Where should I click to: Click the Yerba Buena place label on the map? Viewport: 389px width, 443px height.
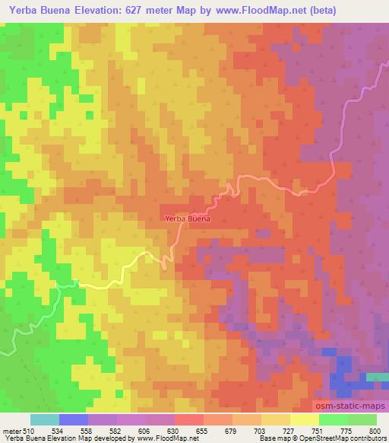pos(187,218)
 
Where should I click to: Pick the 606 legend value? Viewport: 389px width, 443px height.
pos(145,430)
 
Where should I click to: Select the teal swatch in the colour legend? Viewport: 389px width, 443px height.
pos(45,419)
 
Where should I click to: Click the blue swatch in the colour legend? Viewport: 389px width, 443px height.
pos(74,419)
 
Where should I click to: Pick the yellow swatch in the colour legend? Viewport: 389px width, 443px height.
pos(304,419)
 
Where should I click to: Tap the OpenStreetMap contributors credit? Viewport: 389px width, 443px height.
pos(341,438)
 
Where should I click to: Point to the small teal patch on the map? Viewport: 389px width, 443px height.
pos(377,377)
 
